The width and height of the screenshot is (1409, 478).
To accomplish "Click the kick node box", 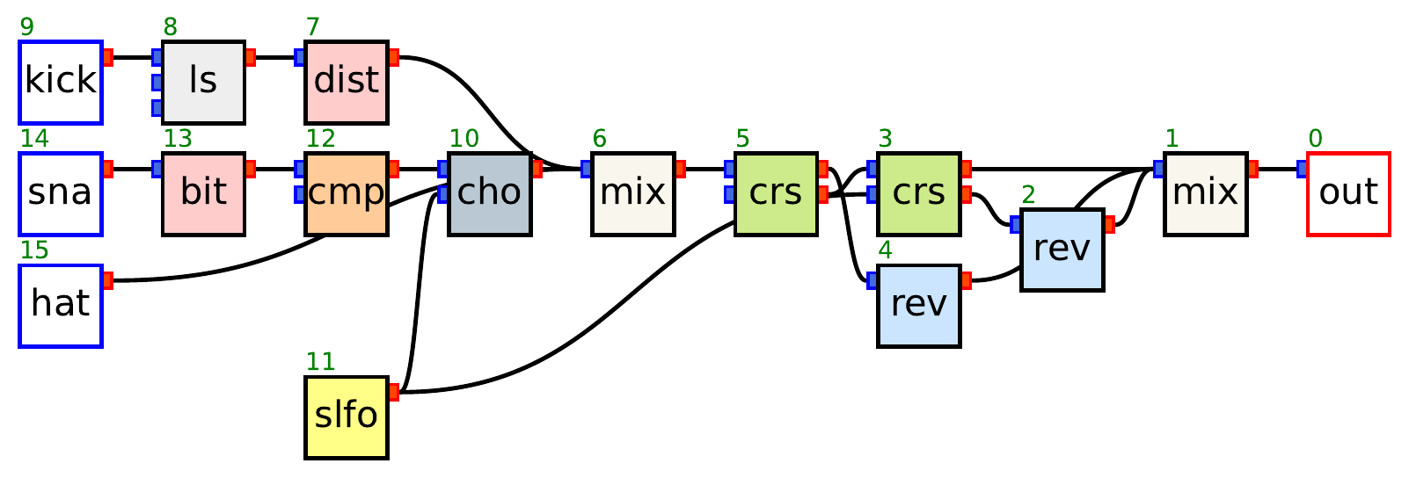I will coord(61,82).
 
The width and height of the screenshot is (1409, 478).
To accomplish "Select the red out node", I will coord(1348,193).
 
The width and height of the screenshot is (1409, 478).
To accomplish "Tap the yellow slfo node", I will coord(347,417).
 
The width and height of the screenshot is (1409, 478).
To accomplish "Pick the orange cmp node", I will coord(347,193).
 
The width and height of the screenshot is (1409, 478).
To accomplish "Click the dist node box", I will coord(347,82).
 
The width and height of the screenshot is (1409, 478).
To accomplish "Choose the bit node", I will coord(203,193).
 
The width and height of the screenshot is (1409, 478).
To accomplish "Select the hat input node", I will coord(61,305).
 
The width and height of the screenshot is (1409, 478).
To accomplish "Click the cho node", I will coord(490,193).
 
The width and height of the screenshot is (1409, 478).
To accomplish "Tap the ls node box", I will coord(203,82).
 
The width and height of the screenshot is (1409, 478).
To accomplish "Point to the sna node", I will coord(61,193).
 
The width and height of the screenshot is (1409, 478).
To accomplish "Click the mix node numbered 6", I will coord(633,193).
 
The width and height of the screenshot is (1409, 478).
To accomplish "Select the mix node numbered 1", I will coord(1206,193).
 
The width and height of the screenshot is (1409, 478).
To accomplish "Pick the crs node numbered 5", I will coord(776,193).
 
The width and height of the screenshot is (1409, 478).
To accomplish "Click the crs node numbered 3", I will coord(919,193).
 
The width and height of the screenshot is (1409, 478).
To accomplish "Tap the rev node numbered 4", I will coord(919,305).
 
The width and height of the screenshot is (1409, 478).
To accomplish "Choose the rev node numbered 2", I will coord(1062,250).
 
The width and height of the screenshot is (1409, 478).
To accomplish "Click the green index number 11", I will coord(320,361).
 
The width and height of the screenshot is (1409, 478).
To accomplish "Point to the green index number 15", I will coord(34,250).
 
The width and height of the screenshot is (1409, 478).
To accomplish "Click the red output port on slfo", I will coord(393,392).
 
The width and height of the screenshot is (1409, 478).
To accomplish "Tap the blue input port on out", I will coord(1303,169).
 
